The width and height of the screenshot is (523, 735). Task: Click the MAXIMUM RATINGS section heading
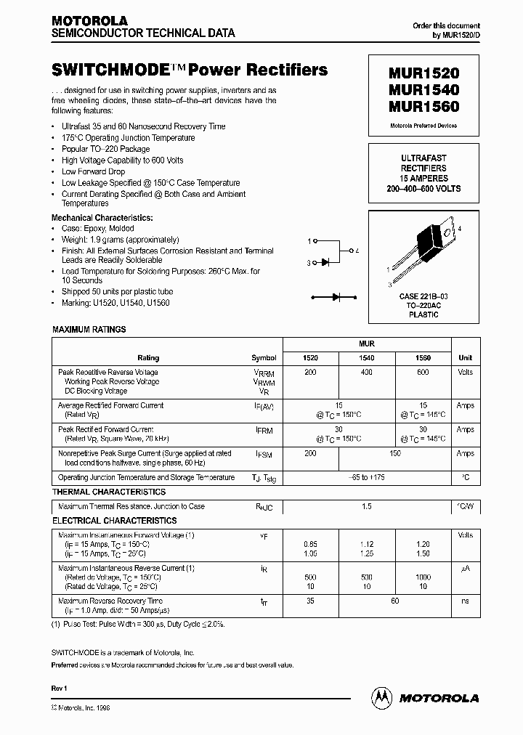pos(89,330)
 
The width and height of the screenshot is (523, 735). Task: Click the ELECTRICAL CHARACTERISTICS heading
pos(114,521)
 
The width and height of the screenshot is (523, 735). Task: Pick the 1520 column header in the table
pos(310,358)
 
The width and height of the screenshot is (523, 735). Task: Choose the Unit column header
pos(466,358)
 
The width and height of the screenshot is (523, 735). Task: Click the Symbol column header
pos(264,358)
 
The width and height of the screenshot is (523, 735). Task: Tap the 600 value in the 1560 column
pos(423,372)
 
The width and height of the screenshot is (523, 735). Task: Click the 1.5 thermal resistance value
pos(367,506)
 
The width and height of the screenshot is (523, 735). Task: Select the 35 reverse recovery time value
pos(310,601)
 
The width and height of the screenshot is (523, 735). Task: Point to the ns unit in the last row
pos(466,601)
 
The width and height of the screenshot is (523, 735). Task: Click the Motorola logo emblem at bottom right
pos(381,697)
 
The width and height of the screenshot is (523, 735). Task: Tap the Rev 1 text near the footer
pos(59,687)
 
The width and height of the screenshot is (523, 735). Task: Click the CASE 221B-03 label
pos(423,297)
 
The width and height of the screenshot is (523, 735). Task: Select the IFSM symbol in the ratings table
pos(263,454)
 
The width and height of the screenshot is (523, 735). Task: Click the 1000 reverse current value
pos(423,577)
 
